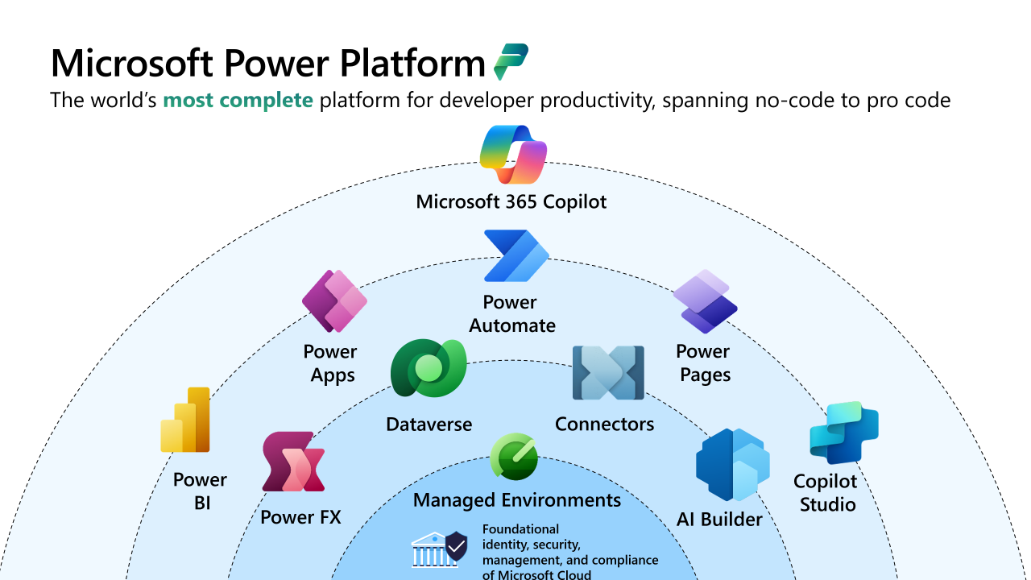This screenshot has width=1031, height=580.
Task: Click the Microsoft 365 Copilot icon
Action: click(x=513, y=156)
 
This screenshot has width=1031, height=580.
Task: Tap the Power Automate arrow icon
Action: click(x=515, y=256)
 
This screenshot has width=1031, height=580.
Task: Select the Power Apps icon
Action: click(x=334, y=301)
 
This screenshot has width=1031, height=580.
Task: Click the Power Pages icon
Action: click(x=705, y=301)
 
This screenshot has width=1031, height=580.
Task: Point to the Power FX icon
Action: click(x=293, y=462)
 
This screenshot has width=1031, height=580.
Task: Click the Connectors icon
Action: click(x=608, y=373)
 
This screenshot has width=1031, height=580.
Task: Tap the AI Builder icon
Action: click(x=732, y=466)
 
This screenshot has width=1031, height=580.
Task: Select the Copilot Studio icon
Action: click(x=843, y=433)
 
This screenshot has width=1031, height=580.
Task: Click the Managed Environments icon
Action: click(x=514, y=457)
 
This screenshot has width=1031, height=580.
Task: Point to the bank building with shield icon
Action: click(x=439, y=550)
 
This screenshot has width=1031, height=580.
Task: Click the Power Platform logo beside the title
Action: click(x=511, y=61)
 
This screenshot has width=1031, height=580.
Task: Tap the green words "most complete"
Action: click(x=238, y=101)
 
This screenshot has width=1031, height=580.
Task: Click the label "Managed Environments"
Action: click(x=517, y=500)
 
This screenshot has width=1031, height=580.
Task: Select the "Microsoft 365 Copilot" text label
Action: click(x=511, y=201)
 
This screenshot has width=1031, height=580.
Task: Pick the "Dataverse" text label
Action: click(x=429, y=425)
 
